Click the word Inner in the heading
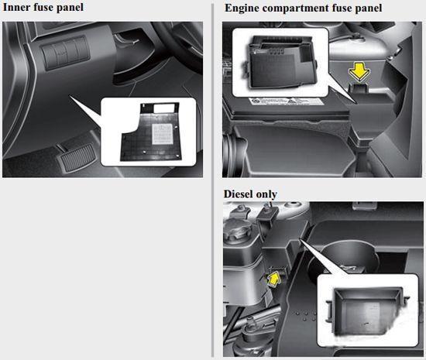tap(16, 7)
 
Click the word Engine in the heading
tap(242, 9)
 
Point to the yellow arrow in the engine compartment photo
tap(359, 72)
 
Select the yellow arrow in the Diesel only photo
tap(274, 279)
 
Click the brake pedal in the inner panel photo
tap(77, 157)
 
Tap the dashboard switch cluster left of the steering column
tap(65, 53)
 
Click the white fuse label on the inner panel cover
tap(163, 134)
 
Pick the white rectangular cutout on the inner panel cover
tap(164, 108)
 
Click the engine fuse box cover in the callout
tap(283, 62)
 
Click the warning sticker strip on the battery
tap(286, 101)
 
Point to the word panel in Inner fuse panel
tap(70, 8)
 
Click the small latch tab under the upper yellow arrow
tap(359, 87)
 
